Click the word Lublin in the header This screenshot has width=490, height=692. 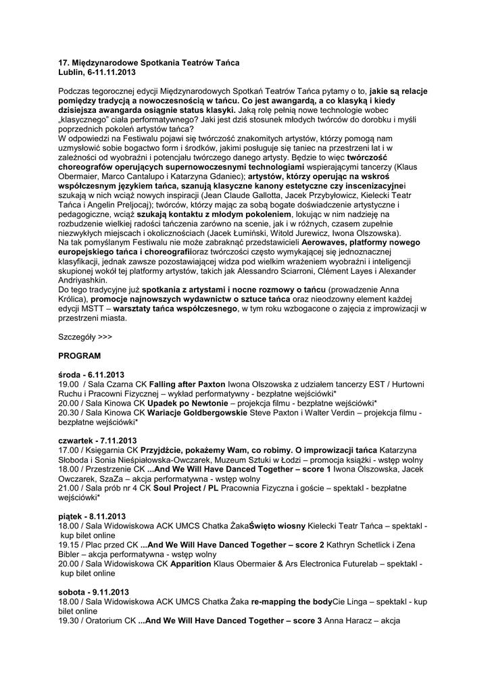point(71,72)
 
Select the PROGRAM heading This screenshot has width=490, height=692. point(80,355)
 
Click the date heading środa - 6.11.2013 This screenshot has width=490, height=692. point(92,374)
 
